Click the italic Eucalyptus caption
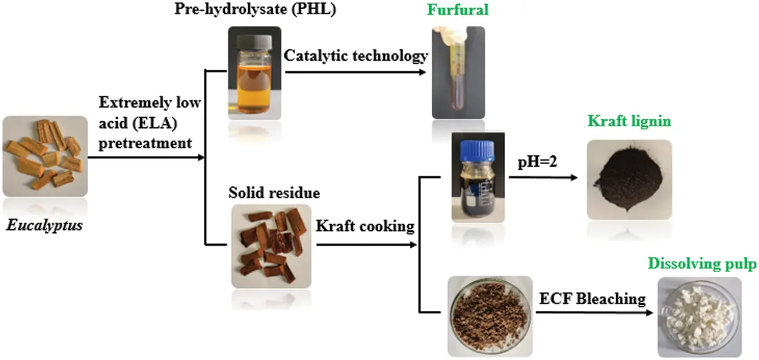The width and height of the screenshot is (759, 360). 44,227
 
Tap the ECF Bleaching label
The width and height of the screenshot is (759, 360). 592,298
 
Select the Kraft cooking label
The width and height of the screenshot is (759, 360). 365,226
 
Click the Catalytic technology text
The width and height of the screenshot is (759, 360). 356,56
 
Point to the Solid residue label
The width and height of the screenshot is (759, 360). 274,193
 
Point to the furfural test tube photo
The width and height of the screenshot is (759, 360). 460,73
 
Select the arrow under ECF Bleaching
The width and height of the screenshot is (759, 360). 595,313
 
